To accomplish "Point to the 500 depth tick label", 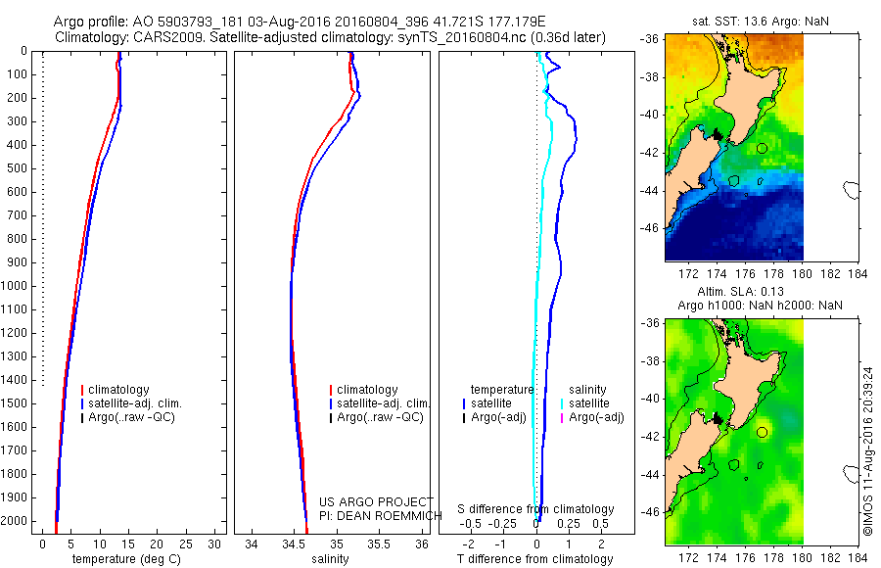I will coord(18,168).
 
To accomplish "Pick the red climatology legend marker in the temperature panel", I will coord(81,390).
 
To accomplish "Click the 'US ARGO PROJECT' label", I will coord(376,501).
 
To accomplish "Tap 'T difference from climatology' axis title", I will coord(536,559).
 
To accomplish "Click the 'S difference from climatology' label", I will coord(536,509).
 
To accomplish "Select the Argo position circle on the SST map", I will coord(762,148).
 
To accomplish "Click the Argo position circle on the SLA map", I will coord(762,432).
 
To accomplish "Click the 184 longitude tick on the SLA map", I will coord(858,558).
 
